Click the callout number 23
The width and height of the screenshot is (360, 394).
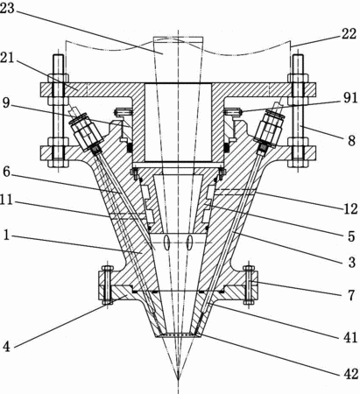pyautogui.click(x=7, y=8)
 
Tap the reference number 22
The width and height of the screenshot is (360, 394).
pyautogui.click(x=349, y=34)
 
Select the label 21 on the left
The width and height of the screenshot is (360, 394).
pyautogui.click(x=7, y=59)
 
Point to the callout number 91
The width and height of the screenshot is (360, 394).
pyautogui.click(x=350, y=98)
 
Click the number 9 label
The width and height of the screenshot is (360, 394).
pyautogui.click(x=6, y=103)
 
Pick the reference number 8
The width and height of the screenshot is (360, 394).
pyautogui.click(x=351, y=140)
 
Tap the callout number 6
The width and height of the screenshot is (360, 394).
pyautogui.click(x=7, y=172)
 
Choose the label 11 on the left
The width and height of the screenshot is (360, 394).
pyautogui.click(x=6, y=201)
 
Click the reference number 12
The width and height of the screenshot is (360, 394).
pyautogui.click(x=350, y=208)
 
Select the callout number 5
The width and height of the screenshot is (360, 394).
pyautogui.click(x=351, y=236)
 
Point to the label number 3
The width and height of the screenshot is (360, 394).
pyautogui.click(x=352, y=263)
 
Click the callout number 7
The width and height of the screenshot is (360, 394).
pyautogui.click(x=351, y=295)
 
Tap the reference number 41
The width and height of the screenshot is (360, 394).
pyautogui.click(x=350, y=338)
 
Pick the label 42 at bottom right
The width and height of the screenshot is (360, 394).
pyautogui.click(x=350, y=374)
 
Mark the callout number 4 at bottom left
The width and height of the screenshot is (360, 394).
pyautogui.click(x=7, y=347)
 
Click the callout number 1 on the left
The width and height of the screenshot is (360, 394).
pyautogui.click(x=6, y=235)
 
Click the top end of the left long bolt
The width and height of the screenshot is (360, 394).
pyautogui.click(x=58, y=55)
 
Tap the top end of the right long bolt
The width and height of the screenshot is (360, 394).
pyautogui.click(x=298, y=55)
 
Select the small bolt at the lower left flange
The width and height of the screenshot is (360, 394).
pyautogui.click(x=107, y=285)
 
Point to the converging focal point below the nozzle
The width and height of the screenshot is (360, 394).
pyautogui.click(x=178, y=379)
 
